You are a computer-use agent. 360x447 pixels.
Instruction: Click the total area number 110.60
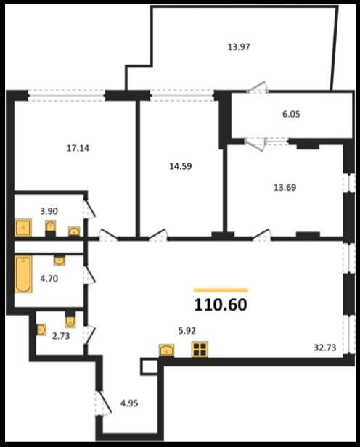(x=221, y=305)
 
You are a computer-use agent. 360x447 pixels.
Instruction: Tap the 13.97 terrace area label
(x=239, y=46)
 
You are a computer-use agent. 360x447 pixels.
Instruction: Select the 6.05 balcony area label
(x=291, y=115)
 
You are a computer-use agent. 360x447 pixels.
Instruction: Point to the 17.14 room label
(x=78, y=148)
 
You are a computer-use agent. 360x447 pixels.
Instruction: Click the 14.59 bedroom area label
(x=181, y=166)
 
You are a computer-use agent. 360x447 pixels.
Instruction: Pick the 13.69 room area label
(x=285, y=188)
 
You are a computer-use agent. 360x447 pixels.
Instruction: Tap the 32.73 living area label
(x=325, y=348)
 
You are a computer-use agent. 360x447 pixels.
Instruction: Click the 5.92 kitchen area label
(x=187, y=331)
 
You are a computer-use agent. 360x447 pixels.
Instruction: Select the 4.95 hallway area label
(x=129, y=403)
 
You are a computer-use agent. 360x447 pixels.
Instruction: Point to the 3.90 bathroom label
(x=49, y=211)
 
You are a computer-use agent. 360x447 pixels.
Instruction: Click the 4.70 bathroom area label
(x=49, y=279)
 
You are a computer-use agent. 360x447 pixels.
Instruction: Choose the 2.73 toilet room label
(x=61, y=336)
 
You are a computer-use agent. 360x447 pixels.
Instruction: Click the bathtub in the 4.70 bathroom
(x=23, y=274)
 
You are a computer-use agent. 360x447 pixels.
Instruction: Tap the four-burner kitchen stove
(x=200, y=349)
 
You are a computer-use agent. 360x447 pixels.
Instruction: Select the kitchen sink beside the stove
(x=166, y=350)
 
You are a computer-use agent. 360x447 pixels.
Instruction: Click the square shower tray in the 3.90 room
(x=23, y=228)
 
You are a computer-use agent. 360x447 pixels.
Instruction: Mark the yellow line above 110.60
(x=221, y=290)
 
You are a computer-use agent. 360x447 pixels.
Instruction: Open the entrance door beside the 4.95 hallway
(x=103, y=403)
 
